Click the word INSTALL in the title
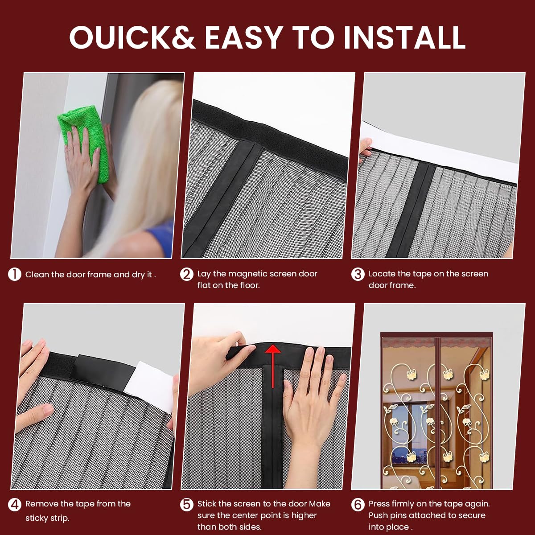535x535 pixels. tap(404, 37)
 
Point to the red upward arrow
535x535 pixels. tap(273, 366)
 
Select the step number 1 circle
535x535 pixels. tap(15, 274)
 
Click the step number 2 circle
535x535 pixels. tap(186, 274)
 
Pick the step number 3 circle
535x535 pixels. tap(358, 274)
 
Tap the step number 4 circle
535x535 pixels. tap(15, 504)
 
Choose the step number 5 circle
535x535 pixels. tap(186, 504)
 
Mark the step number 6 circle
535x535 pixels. tap(358, 504)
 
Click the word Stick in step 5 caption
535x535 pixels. tap(206, 504)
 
